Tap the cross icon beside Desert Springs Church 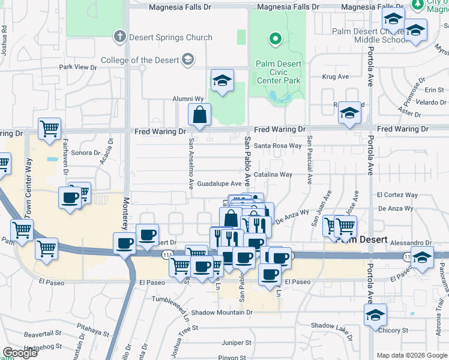point(119,37)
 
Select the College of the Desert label point(140,59)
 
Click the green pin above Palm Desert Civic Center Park point(276,40)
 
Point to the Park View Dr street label point(77,68)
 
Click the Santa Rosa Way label point(277,145)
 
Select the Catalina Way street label point(273,175)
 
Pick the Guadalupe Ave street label point(219,184)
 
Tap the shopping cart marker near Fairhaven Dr point(49,127)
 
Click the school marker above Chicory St point(375,314)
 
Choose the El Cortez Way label point(397,195)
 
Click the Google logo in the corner point(20,353)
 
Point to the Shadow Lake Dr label point(332,325)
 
